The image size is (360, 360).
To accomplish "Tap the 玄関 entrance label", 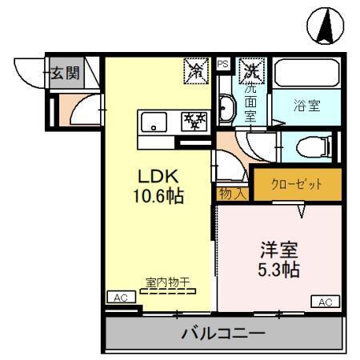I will click(66, 74).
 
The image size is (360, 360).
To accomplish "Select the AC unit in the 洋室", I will click(324, 302).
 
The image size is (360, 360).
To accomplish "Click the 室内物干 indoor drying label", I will click(166, 282).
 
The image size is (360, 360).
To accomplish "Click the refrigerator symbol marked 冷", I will click(195, 71).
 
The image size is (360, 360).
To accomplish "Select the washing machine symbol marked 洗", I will click(252, 70).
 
